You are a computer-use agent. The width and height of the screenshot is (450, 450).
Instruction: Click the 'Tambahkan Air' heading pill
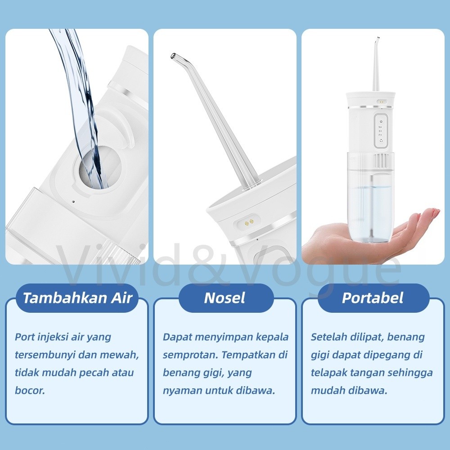coord(77,298)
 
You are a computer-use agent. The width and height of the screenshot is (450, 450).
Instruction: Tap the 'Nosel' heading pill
coord(225,298)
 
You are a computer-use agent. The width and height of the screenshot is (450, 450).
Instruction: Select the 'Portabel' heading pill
coord(373,298)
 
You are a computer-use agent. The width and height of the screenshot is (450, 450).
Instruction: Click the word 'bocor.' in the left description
coord(30,390)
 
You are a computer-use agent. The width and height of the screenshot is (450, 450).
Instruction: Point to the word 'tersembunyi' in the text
coord(45,355)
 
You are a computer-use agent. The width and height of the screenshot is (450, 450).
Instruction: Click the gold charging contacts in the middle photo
coord(248,221)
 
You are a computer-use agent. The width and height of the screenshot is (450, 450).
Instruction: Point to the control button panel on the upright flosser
coord(381,131)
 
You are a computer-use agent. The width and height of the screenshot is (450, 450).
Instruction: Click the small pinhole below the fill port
coord(73,202)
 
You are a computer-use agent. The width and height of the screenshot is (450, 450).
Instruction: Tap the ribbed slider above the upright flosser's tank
coord(382,161)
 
